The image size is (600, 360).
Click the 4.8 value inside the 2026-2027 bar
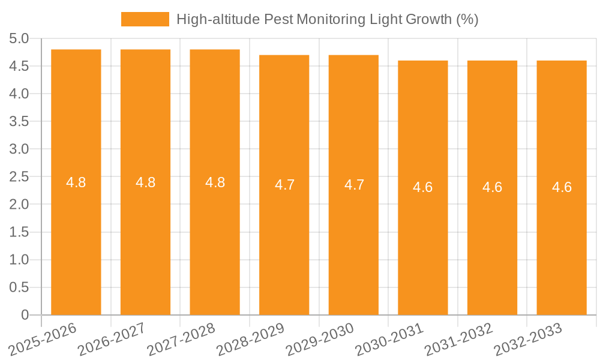(146, 182)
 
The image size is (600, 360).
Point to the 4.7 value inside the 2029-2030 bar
(354, 185)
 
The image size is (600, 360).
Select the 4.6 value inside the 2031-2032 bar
(493, 187)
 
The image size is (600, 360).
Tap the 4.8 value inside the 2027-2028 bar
(215, 182)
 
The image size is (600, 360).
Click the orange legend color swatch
(145, 19)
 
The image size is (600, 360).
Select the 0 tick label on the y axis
(25, 315)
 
